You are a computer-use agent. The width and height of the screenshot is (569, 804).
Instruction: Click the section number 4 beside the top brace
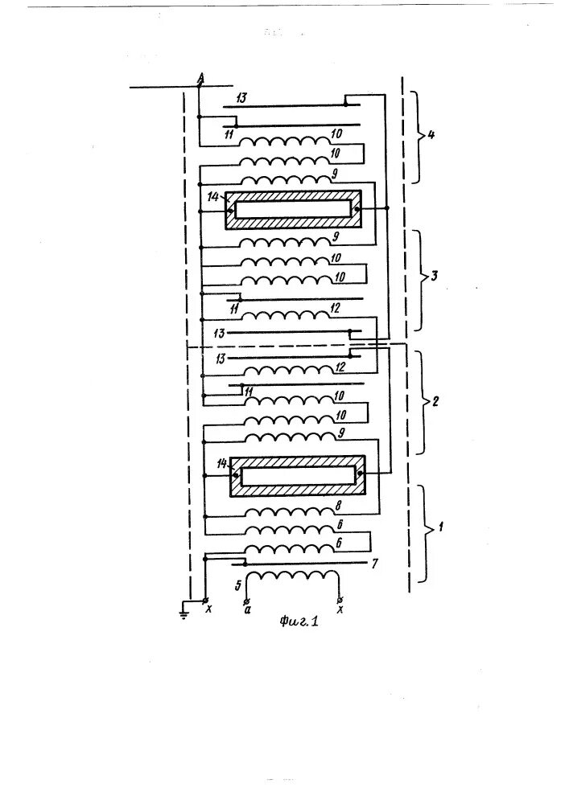[x=431, y=135]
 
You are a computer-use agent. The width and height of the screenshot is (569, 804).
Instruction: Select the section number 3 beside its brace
[x=434, y=277]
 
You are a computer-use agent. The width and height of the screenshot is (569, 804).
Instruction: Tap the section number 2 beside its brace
[x=435, y=401]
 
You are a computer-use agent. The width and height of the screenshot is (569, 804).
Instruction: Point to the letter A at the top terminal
[x=201, y=76]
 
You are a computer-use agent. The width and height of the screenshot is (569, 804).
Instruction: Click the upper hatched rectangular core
[x=292, y=209]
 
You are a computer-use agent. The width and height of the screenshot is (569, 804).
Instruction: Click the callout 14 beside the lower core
[x=221, y=465]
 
